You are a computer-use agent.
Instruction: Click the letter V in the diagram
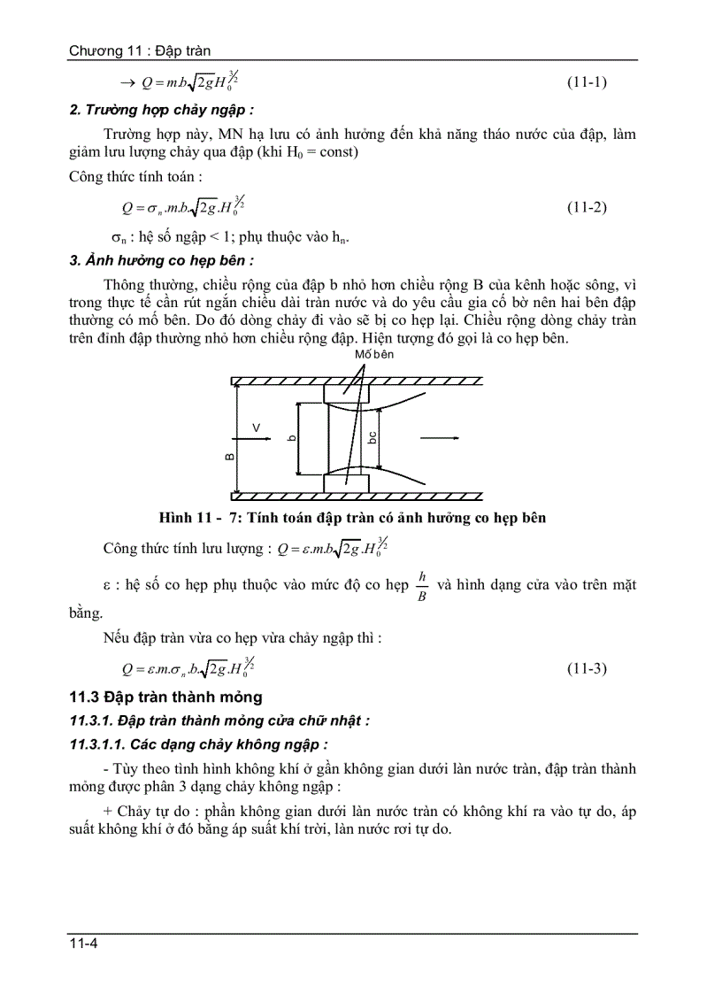pyautogui.click(x=256, y=428)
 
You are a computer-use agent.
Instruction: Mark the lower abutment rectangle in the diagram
pyautogui.click(x=346, y=483)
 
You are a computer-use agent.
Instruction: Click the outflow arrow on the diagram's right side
pyautogui.click(x=439, y=438)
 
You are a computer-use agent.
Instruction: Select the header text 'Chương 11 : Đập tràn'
pyautogui.click(x=140, y=51)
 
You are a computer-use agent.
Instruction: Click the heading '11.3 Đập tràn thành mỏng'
pyautogui.click(x=168, y=697)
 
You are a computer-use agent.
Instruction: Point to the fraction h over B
pyautogui.click(x=422, y=586)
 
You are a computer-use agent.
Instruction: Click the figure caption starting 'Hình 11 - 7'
pyautogui.click(x=352, y=518)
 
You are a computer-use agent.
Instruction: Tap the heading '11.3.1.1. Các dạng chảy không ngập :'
pyautogui.click(x=199, y=744)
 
